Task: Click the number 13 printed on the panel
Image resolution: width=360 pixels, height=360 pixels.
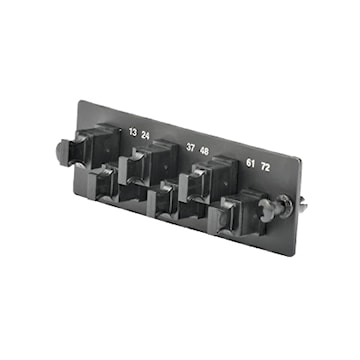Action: (133, 132)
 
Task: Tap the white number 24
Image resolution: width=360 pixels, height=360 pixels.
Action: (145, 135)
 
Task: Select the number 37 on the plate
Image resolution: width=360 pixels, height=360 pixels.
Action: (190, 147)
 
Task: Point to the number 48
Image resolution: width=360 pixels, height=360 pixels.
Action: (204, 151)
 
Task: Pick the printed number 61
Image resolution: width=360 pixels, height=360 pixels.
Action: (251, 163)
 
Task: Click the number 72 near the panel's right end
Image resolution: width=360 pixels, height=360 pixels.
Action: (265, 167)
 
